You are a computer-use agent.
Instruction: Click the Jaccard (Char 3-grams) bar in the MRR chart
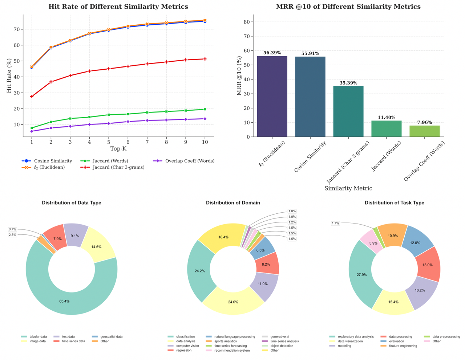point(348,111)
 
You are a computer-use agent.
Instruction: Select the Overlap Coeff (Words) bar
point(424,131)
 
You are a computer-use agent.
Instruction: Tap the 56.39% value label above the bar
point(272,53)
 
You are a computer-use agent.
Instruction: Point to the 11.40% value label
point(386,117)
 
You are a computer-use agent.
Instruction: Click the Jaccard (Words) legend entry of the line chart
point(104,161)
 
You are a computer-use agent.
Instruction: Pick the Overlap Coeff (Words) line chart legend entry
point(183,161)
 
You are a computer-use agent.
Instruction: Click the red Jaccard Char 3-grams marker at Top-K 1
point(32,97)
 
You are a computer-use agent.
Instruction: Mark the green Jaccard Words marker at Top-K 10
point(205,109)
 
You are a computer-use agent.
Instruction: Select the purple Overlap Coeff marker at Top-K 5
point(109,123)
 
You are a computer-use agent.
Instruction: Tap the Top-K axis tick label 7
point(147,142)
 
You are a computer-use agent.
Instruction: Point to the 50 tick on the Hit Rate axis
point(17,61)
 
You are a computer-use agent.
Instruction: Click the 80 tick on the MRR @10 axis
point(247,22)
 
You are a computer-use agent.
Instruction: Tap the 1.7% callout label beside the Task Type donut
point(335,223)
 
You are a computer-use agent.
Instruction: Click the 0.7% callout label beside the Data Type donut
point(12,229)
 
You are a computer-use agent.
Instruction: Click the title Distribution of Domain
point(233,202)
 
